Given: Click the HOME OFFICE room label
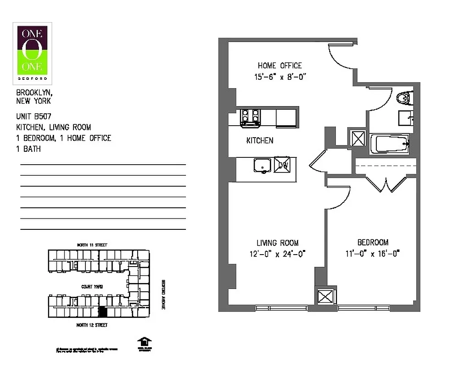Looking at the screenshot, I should tap(279, 66).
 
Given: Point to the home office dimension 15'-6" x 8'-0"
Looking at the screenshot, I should tap(280, 77).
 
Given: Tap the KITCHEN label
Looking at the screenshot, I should tap(260, 140).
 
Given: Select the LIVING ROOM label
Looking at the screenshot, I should tap(277, 243).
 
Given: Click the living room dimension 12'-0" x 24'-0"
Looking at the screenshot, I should tap(278, 254).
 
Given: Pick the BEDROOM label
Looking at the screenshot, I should tap(373, 242).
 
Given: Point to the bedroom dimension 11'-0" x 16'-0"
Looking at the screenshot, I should tap(372, 253).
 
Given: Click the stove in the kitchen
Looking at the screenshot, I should tap(251, 117).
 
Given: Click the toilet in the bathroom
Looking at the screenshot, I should tap(403, 98).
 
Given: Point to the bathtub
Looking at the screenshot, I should tap(392, 145).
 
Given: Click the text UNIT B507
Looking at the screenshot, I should tap(34, 117).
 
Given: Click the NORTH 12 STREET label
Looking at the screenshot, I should tap(92, 325).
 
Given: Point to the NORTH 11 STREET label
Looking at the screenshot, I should tap(92, 245).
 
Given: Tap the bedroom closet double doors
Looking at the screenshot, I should tap(386, 184).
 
